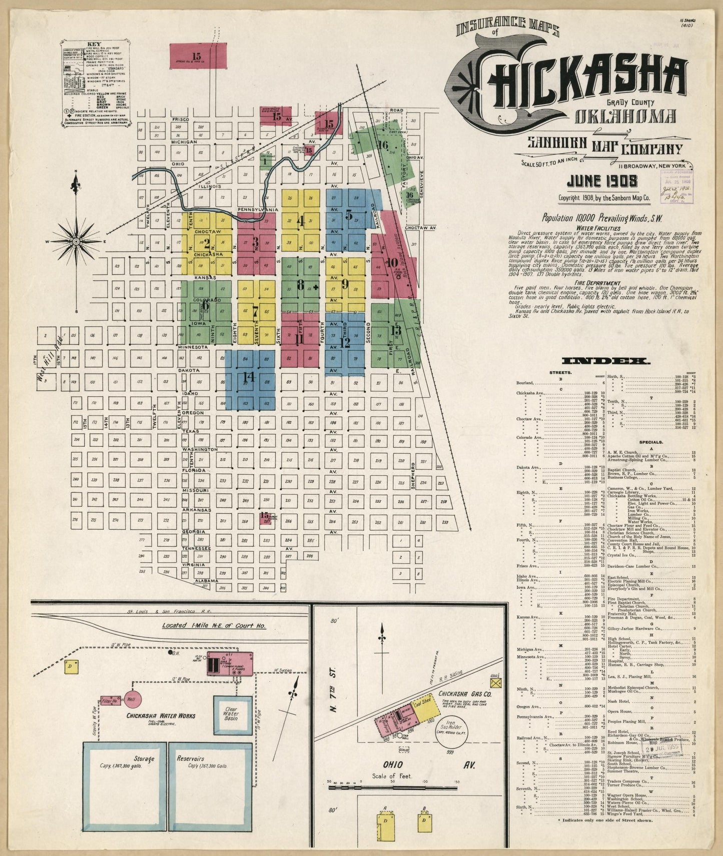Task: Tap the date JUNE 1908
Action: point(602,181)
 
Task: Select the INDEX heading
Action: point(606,361)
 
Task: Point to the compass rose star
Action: point(76,241)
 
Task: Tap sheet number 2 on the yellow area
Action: point(206,243)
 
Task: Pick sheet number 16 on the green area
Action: point(383,145)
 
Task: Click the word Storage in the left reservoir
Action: point(144,759)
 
